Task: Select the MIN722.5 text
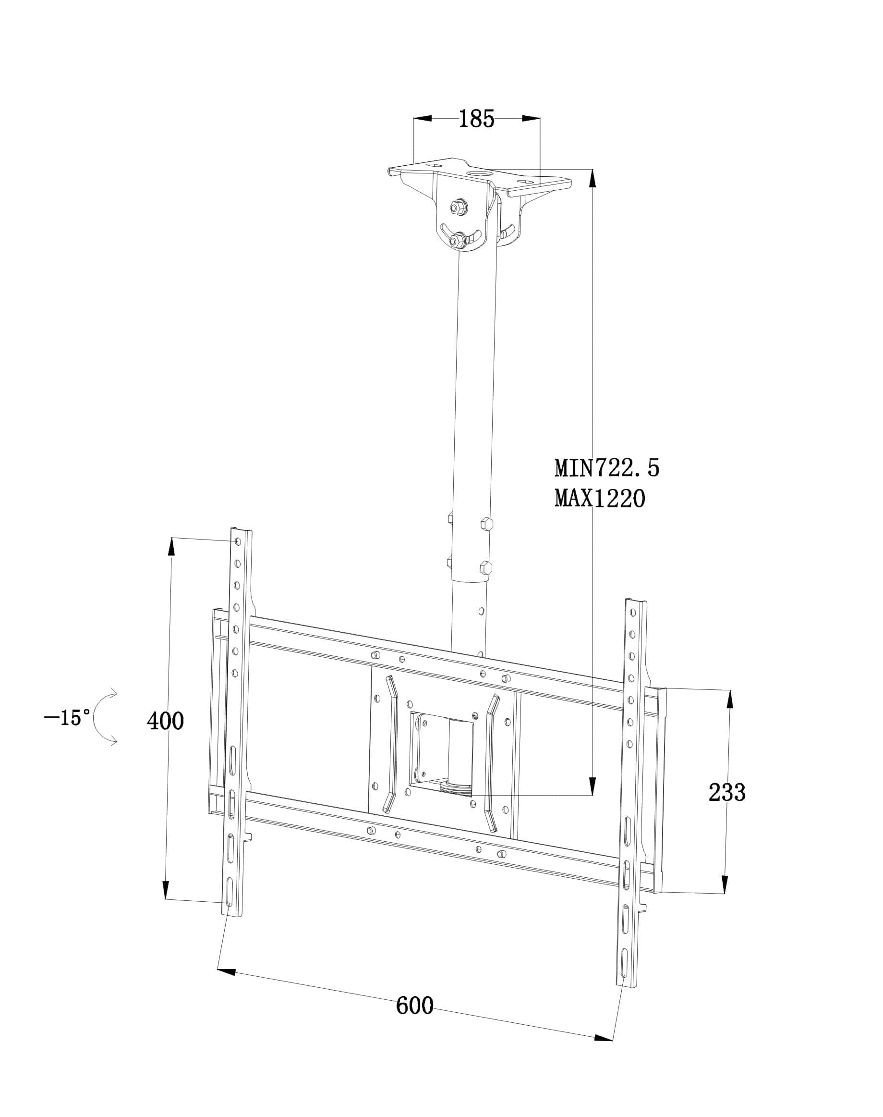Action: pyautogui.click(x=607, y=468)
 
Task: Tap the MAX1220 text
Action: pyautogui.click(x=600, y=499)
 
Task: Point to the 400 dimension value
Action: pyautogui.click(x=166, y=721)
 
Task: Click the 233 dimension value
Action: pyautogui.click(x=727, y=792)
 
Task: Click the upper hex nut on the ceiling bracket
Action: pyautogui.click(x=458, y=208)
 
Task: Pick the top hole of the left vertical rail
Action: pyautogui.click(x=237, y=541)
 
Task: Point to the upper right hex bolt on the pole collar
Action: pyautogui.click(x=486, y=523)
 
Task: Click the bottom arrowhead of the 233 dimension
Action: pyautogui.click(x=726, y=884)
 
